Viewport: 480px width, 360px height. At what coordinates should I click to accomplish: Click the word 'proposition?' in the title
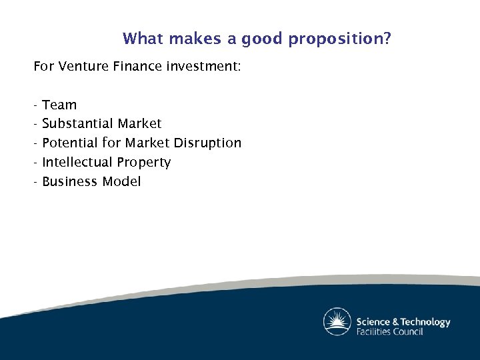340,39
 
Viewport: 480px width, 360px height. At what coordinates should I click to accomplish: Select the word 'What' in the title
143,39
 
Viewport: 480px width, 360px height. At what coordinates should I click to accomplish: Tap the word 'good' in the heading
263,39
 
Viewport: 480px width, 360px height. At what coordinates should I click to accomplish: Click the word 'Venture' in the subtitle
83,67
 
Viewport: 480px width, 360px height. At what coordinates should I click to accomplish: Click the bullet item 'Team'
59,105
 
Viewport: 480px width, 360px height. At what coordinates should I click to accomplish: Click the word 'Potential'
70,143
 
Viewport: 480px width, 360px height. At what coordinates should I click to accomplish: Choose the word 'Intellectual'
77,163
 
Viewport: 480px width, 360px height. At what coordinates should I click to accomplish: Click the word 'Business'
70,182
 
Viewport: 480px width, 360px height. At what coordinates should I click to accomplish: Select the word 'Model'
122,182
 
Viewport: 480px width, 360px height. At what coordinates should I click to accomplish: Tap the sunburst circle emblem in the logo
337,321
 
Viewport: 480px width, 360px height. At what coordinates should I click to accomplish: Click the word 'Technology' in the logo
425,322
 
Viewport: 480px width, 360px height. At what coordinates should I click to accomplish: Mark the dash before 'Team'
36,105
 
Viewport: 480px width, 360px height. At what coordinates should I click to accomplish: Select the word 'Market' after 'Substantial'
139,124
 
